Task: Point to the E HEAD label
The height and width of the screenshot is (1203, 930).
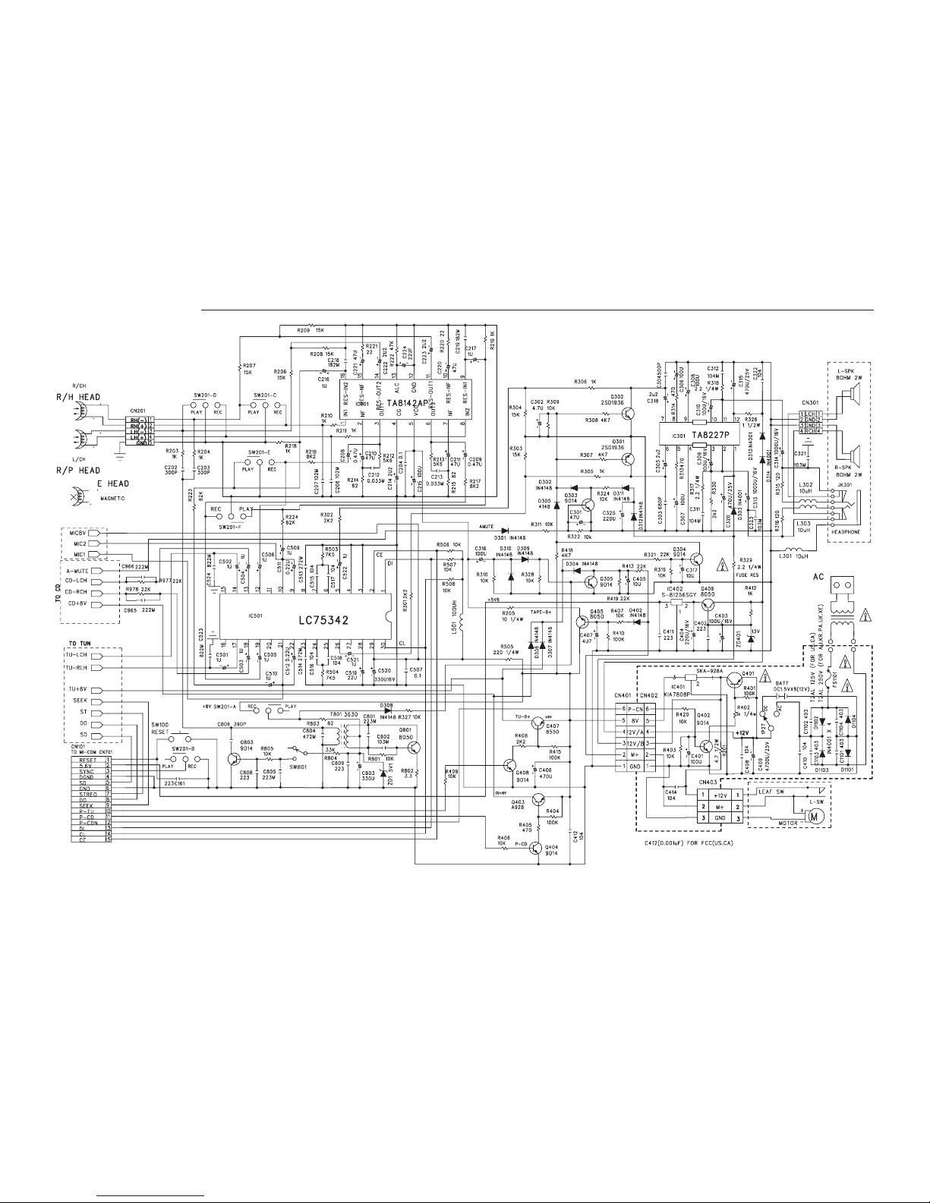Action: pos(110,483)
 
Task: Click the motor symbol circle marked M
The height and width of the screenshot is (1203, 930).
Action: pos(817,817)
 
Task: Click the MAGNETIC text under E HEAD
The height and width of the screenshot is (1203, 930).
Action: pos(111,499)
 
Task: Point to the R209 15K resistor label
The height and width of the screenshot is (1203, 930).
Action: pos(310,330)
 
